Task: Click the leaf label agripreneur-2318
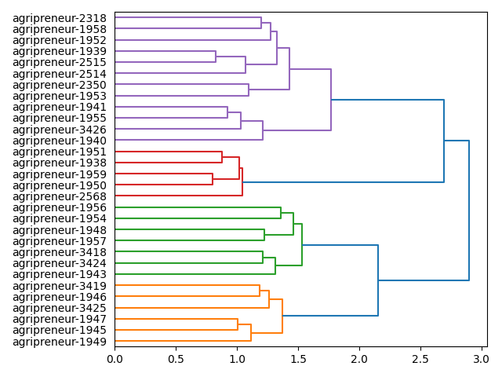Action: [60, 17]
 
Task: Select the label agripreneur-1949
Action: [60, 342]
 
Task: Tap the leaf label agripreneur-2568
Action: [60, 196]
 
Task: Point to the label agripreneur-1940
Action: [60, 141]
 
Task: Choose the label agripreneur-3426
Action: [60, 130]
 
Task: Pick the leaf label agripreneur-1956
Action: [60, 207]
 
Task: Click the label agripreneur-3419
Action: [60, 286]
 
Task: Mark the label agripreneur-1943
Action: [60, 274]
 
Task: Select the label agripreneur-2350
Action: [60, 85]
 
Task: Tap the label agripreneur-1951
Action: [60, 152]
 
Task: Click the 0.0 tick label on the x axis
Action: [115, 359]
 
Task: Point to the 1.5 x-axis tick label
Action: [298, 359]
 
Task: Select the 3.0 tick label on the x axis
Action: [481, 359]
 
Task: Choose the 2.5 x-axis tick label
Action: [420, 359]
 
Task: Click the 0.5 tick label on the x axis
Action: [176, 359]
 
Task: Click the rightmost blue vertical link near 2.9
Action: [469, 210]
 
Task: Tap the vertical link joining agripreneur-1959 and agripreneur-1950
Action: [213, 180]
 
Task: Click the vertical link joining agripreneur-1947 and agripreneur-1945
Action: [238, 324]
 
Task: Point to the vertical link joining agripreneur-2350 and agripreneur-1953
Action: [249, 90]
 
